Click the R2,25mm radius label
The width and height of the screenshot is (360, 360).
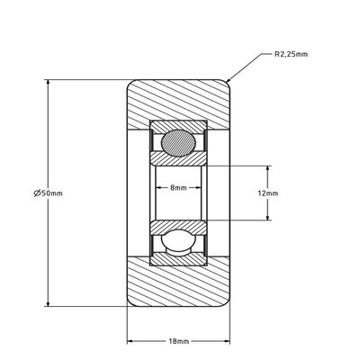point(290,54)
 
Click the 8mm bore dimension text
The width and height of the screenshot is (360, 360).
point(178,188)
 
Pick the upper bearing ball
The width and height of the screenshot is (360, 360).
point(178,142)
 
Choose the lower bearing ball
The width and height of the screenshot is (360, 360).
point(178,243)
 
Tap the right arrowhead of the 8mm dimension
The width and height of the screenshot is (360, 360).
point(200,188)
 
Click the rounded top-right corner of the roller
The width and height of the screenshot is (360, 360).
point(229,85)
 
